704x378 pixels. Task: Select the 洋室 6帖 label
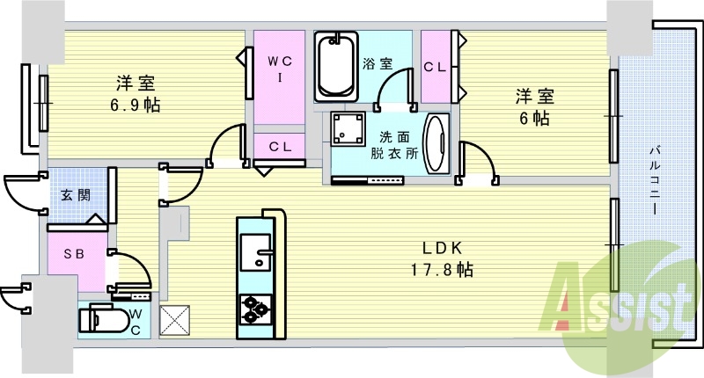pos(533,105)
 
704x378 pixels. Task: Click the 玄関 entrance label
pos(75,195)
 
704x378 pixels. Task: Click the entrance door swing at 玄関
pos(22,193)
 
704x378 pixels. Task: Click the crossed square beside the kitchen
pos(174,319)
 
